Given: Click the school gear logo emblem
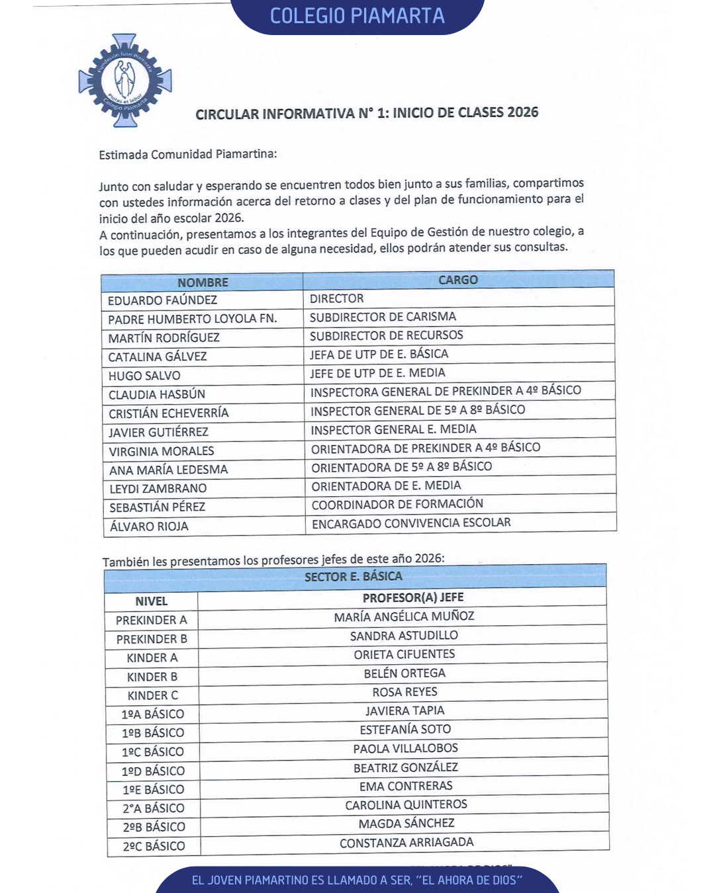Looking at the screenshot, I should point(125,80).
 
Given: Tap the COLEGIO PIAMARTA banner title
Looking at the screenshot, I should point(358,16).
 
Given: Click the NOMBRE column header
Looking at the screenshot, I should point(203,282).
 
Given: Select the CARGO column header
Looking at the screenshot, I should point(458,280).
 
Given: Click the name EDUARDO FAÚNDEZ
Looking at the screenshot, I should point(162,300).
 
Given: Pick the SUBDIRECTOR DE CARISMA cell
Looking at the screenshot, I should point(383,317).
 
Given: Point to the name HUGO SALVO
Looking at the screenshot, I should point(144,376).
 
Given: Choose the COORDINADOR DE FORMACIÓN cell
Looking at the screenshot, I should point(397,504).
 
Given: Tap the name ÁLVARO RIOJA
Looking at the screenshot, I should point(149,527).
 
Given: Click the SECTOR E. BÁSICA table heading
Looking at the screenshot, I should point(354,577).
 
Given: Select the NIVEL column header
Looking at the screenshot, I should point(152,601).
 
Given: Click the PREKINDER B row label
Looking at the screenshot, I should point(152,639).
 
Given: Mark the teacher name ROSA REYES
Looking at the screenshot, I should point(405,692).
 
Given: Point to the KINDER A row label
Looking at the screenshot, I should point(152,658).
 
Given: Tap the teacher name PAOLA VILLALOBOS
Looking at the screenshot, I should point(405,748).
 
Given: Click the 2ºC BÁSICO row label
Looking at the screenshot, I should point(154,846).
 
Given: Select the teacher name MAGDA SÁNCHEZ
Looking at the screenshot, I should point(406,824).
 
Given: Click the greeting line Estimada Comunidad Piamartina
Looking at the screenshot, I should point(188,155).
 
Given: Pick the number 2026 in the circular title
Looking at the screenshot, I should point(522,112).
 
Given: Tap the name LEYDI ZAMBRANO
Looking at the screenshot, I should point(158,489).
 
